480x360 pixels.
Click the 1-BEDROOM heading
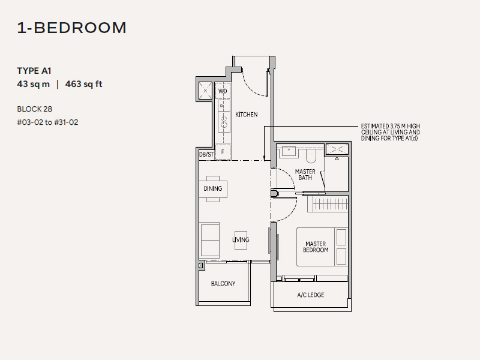coord(71,28)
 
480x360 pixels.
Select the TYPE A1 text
coord(34,71)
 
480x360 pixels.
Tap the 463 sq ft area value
coord(83,84)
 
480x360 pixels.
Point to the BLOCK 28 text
coord(35,109)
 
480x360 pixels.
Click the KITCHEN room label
coord(247,115)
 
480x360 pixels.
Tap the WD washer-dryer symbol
coord(223,91)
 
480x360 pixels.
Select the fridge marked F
coord(223,152)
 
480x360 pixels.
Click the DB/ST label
coord(206,154)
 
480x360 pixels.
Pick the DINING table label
coord(213,188)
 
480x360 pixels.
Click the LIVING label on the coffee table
coord(241,239)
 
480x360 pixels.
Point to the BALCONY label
coord(223,283)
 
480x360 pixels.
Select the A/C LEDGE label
coord(310,295)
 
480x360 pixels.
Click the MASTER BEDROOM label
coord(316,247)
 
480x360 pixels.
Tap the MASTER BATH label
coord(305,175)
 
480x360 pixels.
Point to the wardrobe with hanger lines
coord(328,204)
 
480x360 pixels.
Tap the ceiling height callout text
coord(391,132)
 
